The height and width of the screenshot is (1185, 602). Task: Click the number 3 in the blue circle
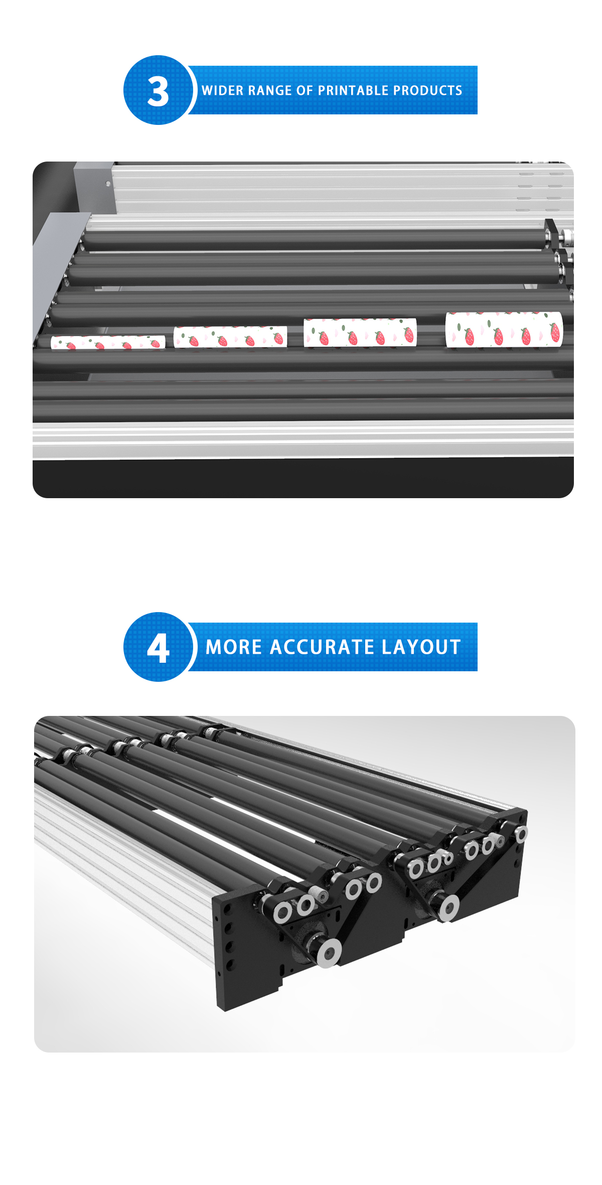pos(158,91)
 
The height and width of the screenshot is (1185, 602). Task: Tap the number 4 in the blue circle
pos(158,648)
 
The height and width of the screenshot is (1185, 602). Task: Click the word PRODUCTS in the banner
pos(428,90)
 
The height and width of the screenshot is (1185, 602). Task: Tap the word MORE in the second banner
pos(234,647)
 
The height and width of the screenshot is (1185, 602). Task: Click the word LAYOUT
pos(421,647)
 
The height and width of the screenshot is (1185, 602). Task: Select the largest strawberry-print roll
pos(504,329)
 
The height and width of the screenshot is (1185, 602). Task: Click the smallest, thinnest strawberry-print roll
pos(108,342)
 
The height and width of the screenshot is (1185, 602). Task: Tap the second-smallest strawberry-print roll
pos(230,337)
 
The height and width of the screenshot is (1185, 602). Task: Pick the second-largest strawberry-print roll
pos(360,332)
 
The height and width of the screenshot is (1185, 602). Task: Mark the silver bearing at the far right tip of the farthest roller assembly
pos(522,834)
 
